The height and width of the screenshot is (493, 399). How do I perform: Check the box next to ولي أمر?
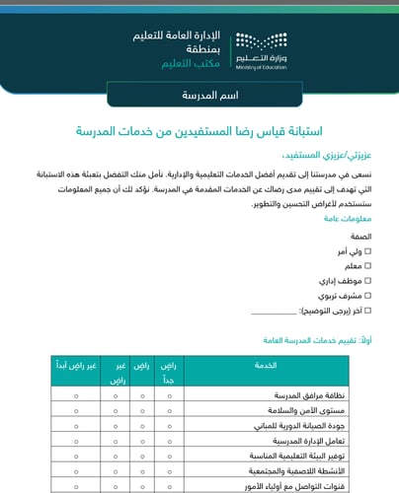pos(368,252)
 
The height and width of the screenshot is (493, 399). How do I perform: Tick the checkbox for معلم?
pos(368,266)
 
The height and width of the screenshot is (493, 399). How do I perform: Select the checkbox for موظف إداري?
pos(368,280)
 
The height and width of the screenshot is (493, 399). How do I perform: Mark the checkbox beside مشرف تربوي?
pos(368,294)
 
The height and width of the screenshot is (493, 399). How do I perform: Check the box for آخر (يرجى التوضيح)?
pos(368,309)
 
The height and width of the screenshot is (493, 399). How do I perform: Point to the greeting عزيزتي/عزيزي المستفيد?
pos(326,156)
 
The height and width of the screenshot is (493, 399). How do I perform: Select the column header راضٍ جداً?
pos(170,371)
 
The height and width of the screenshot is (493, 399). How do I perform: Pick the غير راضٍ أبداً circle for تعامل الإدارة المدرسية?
pos(75,442)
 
